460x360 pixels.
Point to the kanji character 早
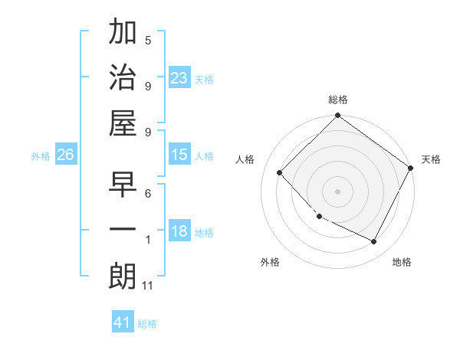(123, 186)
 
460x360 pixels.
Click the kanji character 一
(123, 230)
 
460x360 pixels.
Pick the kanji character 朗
(123, 276)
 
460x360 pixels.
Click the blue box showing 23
(179, 77)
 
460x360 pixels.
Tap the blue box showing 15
(179, 155)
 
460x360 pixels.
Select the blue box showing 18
(179, 232)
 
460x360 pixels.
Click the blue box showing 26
(66, 155)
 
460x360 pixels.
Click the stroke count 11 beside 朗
(148, 286)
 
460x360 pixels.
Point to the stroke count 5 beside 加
(148, 40)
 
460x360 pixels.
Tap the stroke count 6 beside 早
(148, 195)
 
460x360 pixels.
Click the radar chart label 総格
(338, 100)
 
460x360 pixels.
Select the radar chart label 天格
(431, 159)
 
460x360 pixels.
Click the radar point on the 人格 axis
(280, 172)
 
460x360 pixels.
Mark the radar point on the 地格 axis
(374, 241)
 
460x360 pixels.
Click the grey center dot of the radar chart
(337, 191)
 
